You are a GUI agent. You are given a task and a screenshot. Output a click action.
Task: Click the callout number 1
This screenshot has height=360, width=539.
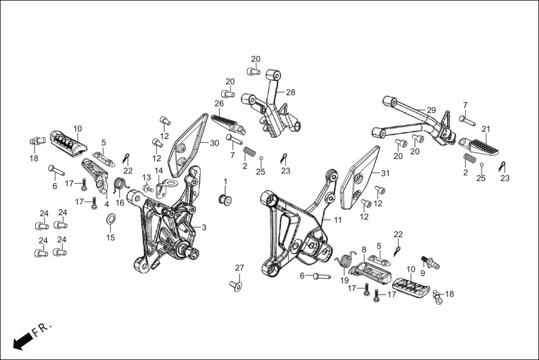point(226,182)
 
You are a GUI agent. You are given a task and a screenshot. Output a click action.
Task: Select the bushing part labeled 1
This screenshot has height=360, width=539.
point(225,199)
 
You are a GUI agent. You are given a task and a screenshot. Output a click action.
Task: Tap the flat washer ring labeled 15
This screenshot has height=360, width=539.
point(111,218)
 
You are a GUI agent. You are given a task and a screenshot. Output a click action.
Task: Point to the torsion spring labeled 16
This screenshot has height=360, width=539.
point(120,184)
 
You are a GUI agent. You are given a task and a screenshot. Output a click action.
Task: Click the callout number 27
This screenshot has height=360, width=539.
point(239,268)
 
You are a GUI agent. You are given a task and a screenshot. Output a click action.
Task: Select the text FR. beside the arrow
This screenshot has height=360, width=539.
point(42,330)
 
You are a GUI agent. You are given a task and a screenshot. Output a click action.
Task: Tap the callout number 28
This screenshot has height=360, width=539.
point(290,93)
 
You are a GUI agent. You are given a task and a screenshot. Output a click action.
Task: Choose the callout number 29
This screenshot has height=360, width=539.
point(431,110)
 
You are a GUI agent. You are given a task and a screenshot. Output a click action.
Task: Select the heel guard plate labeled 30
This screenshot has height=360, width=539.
point(188,143)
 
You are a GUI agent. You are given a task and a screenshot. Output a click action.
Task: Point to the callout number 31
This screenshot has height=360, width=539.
point(385,174)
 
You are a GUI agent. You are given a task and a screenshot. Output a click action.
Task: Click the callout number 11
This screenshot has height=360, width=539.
point(337,220)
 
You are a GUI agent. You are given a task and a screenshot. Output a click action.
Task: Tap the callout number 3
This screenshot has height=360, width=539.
point(204,227)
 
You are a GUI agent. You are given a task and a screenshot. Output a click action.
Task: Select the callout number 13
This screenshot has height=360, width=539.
point(146,177)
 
